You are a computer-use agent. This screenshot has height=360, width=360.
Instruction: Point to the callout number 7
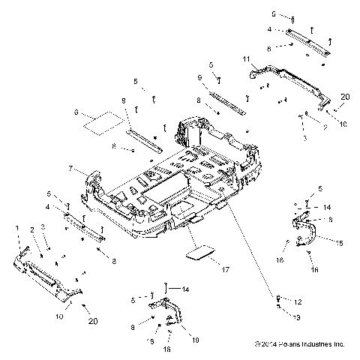[x=70, y=169]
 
